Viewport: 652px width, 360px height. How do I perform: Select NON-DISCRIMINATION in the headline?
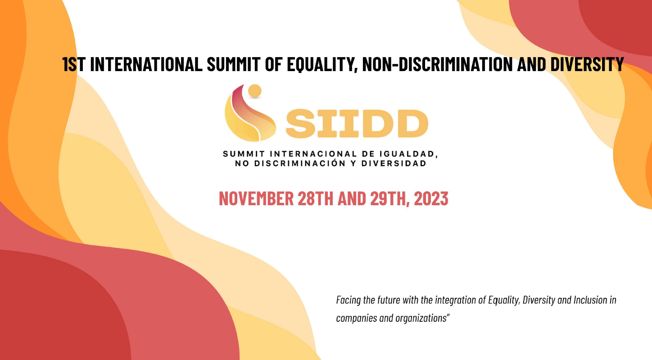click(x=437, y=64)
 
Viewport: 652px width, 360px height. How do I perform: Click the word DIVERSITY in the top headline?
click(x=587, y=64)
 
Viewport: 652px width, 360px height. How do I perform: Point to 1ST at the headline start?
click(x=74, y=64)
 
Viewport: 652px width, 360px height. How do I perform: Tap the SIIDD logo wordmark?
click(x=357, y=124)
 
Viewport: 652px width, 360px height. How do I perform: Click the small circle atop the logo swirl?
click(x=255, y=91)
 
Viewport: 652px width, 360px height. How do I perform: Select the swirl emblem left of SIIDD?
click(x=250, y=113)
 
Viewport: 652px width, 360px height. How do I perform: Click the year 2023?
click(x=431, y=198)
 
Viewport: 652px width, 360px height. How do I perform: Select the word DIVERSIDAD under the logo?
click(x=394, y=163)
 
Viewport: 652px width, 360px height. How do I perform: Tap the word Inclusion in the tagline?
click(x=591, y=300)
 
